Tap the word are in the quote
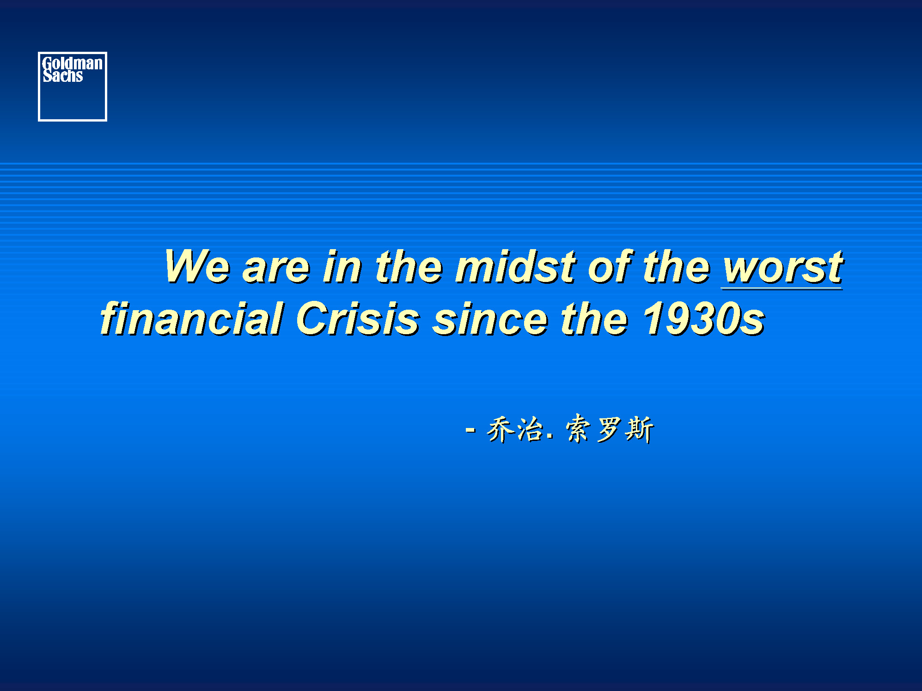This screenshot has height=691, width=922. (x=276, y=269)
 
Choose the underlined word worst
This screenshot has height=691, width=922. (x=782, y=268)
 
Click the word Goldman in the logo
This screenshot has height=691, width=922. (x=73, y=63)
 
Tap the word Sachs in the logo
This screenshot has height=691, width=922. (x=63, y=75)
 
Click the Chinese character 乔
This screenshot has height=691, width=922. (x=501, y=429)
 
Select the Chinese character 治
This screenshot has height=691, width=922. (x=530, y=429)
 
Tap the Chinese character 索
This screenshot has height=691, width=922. (x=578, y=428)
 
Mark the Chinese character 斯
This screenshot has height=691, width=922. (x=639, y=429)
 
